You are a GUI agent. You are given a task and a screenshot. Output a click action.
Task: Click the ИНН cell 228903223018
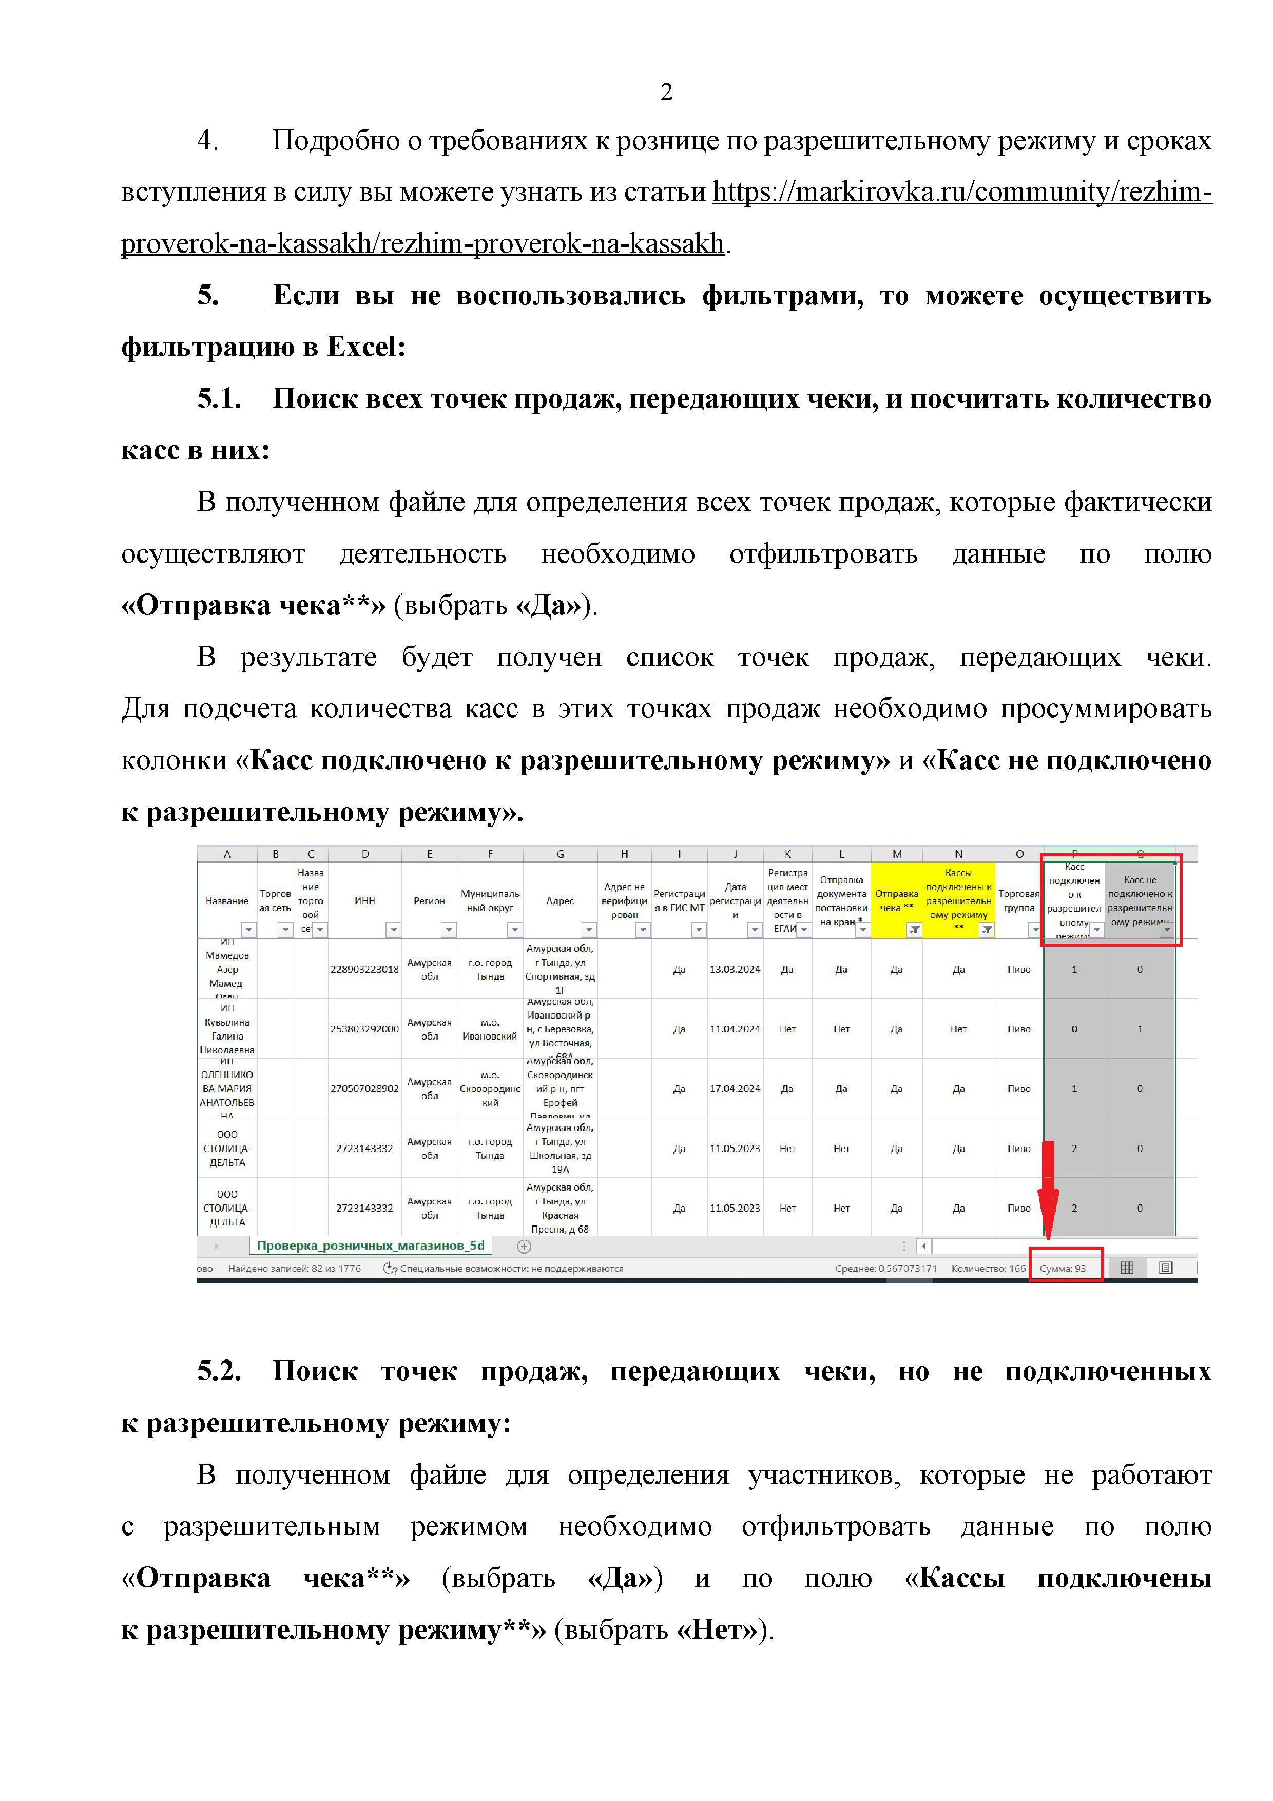point(364,969)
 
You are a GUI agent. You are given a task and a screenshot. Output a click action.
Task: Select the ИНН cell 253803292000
point(364,1029)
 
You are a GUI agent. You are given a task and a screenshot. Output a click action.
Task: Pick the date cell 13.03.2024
point(735,969)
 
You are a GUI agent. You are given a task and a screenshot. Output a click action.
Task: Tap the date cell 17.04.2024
point(735,1089)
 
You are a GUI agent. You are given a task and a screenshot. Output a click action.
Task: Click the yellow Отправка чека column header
point(897,900)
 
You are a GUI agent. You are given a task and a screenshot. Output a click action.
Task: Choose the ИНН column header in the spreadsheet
point(365,900)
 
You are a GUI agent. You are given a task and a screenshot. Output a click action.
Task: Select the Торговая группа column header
point(1019,900)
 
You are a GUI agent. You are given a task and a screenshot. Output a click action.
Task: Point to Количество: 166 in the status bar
point(988,1269)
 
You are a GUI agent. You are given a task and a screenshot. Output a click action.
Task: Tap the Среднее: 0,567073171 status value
point(885,1269)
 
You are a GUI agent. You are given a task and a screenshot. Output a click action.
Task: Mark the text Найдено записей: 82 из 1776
point(294,1269)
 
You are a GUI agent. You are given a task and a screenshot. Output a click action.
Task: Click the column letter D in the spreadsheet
point(365,854)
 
